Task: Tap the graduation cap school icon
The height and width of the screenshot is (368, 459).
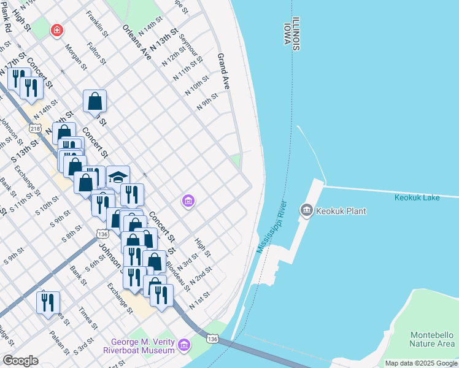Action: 118,177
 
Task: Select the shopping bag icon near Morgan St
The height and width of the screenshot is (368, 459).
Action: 95,101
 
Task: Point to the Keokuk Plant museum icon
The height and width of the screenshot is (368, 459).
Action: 306,211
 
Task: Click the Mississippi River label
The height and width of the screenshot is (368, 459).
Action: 272,226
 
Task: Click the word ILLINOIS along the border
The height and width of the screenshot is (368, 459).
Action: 296,33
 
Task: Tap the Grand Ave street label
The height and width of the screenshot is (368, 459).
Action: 223,72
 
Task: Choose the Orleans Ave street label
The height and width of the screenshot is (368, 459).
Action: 136,42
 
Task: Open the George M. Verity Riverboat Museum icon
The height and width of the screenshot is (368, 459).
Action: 183,346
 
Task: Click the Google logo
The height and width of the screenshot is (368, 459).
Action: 20,360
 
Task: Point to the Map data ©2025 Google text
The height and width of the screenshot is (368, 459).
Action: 420,363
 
